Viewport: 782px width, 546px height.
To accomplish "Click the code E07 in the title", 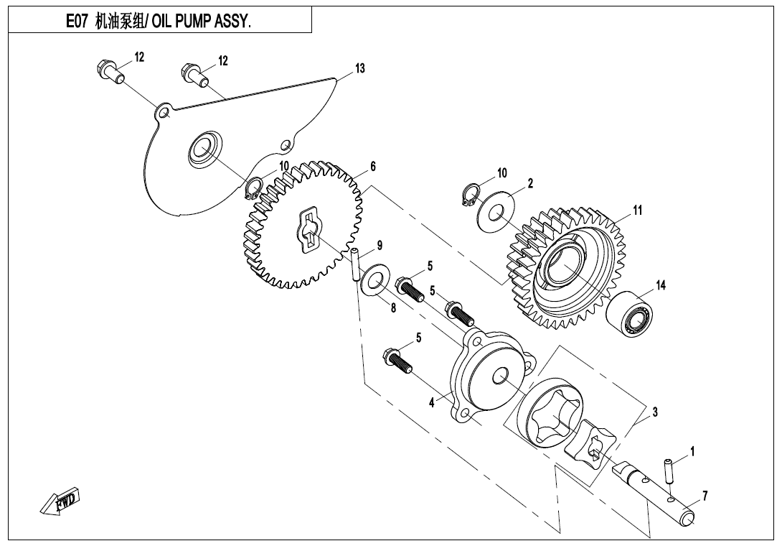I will [x=77, y=22].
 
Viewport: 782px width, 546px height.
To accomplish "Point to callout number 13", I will [x=359, y=68].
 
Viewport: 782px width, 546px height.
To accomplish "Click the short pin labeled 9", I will [x=354, y=265].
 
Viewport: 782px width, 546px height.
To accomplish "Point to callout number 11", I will [x=637, y=210].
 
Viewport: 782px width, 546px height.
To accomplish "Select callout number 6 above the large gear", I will [x=373, y=166].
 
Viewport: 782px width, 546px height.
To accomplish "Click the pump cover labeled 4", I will [x=489, y=377].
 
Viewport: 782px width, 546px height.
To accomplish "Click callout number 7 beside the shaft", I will [x=705, y=496].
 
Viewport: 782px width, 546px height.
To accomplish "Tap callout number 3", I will [x=654, y=412].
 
